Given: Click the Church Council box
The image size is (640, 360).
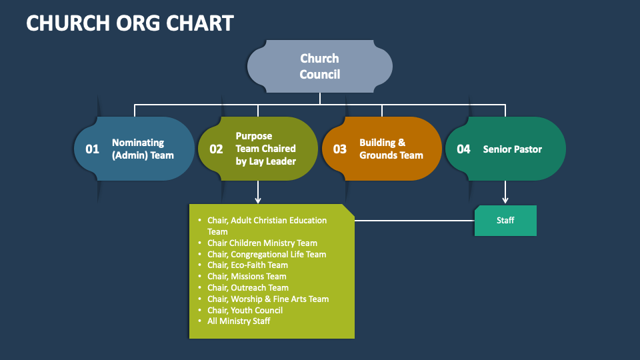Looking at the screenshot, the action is pos(319,66).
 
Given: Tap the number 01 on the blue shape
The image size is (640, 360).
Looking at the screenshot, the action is pos(92,149).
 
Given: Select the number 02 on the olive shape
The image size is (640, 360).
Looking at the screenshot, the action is pos(216,149).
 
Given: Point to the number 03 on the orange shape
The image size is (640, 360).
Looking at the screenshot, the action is pos(339,149).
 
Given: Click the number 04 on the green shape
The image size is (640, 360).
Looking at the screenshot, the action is pos(463,149).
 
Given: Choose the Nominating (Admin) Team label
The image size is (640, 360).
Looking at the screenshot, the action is pos(143,149).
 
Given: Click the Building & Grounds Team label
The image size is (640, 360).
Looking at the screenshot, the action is pos(391,149).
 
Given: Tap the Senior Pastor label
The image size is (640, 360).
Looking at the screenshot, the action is pos(512,149).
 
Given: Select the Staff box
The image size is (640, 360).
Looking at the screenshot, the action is pos(505,221).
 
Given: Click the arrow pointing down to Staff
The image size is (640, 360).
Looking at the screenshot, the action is pos(505,192).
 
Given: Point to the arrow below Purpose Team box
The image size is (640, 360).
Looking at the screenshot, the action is pos(258,192).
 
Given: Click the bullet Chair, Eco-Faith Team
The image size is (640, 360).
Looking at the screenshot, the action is pos(247,265).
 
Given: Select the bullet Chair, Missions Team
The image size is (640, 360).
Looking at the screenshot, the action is pos(247,276).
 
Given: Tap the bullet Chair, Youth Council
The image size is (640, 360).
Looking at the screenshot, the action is pos(245,310).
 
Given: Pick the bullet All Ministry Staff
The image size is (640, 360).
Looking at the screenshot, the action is pos(239,321).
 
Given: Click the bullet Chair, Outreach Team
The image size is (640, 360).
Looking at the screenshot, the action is pos(248,288).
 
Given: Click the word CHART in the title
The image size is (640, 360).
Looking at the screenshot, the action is pos(199,23).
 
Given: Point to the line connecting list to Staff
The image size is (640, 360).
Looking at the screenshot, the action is pos(414,221).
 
